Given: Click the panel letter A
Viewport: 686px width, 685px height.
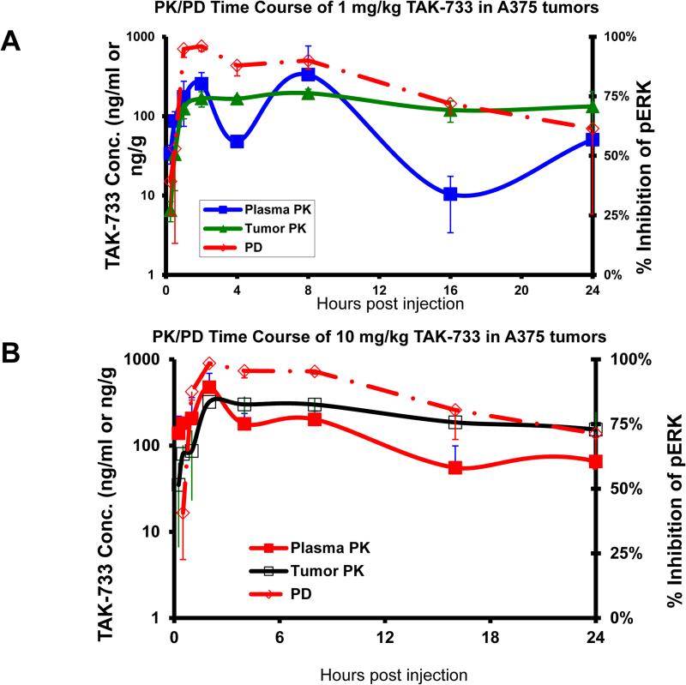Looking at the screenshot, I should (15, 40).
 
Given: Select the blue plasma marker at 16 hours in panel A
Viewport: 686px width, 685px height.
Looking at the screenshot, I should (450, 195).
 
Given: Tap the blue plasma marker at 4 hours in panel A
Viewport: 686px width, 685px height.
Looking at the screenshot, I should (237, 141).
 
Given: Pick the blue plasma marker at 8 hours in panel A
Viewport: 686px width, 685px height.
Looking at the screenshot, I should (308, 75).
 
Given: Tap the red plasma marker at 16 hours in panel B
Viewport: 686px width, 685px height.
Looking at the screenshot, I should (455, 468).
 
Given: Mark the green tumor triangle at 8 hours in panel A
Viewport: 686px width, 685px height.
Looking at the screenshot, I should (308, 93).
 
